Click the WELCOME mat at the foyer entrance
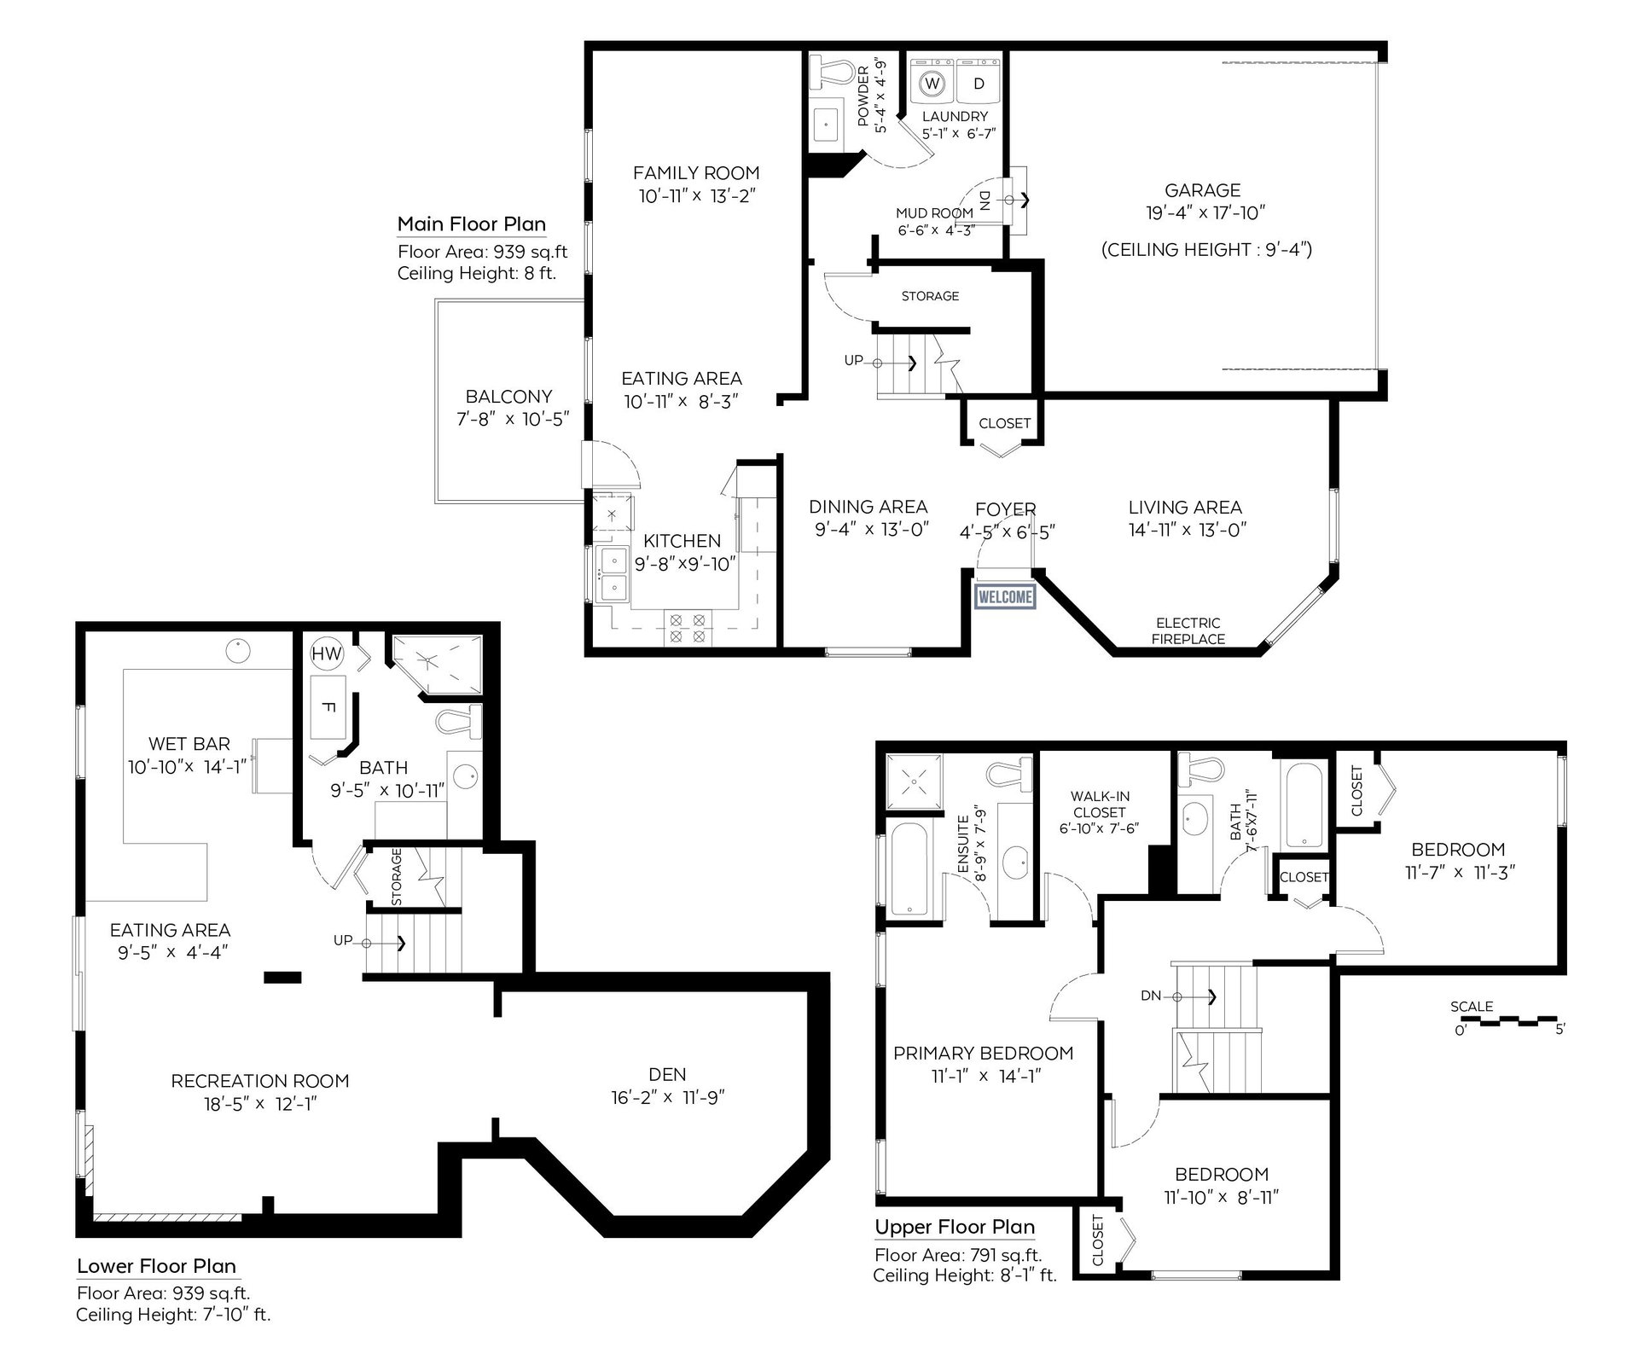pos(1005,597)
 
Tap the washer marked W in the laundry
pos(932,83)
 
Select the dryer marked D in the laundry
pos(979,83)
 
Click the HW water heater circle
pos(327,654)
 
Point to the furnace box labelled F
pos(328,707)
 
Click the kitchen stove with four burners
pos(688,628)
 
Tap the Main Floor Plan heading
pos(472,224)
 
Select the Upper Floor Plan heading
pos(955,1227)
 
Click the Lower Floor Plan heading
pos(156,1266)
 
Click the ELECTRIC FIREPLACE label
pos(1188,630)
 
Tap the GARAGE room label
pos(1203,190)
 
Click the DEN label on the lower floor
pos(667,1075)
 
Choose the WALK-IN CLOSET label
pos(1100,804)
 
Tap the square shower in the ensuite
pos(915,780)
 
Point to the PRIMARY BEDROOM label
pos(984,1054)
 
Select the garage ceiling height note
pos(1206,250)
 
